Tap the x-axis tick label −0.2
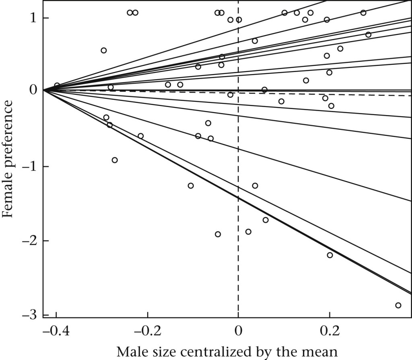point(147,333)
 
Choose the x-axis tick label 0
point(239,333)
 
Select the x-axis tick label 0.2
point(330,333)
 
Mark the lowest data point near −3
point(398,305)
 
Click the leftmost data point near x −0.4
point(57,85)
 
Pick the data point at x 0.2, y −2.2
point(330,255)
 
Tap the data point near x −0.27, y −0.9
point(115,160)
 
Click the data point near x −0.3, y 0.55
point(103,50)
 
